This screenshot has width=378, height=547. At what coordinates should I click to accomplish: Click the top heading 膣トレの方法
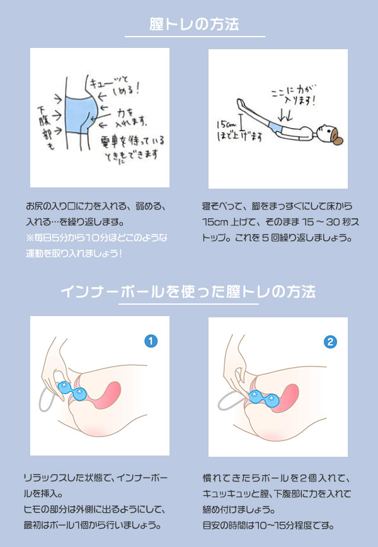(x=195, y=24)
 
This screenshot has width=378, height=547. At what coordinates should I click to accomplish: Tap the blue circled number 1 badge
(x=151, y=341)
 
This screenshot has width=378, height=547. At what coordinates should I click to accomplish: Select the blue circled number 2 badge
(x=330, y=342)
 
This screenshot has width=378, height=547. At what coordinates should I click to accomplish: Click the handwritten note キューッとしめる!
(x=115, y=86)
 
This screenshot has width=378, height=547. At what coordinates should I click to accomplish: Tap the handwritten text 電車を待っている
(x=132, y=141)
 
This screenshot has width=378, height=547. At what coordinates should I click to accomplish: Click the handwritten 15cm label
(x=226, y=124)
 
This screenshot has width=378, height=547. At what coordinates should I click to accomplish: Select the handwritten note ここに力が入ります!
(x=294, y=95)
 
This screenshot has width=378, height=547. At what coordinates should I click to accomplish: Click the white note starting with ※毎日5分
(x=96, y=245)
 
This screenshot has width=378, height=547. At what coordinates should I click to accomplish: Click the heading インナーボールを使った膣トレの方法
(x=188, y=291)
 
